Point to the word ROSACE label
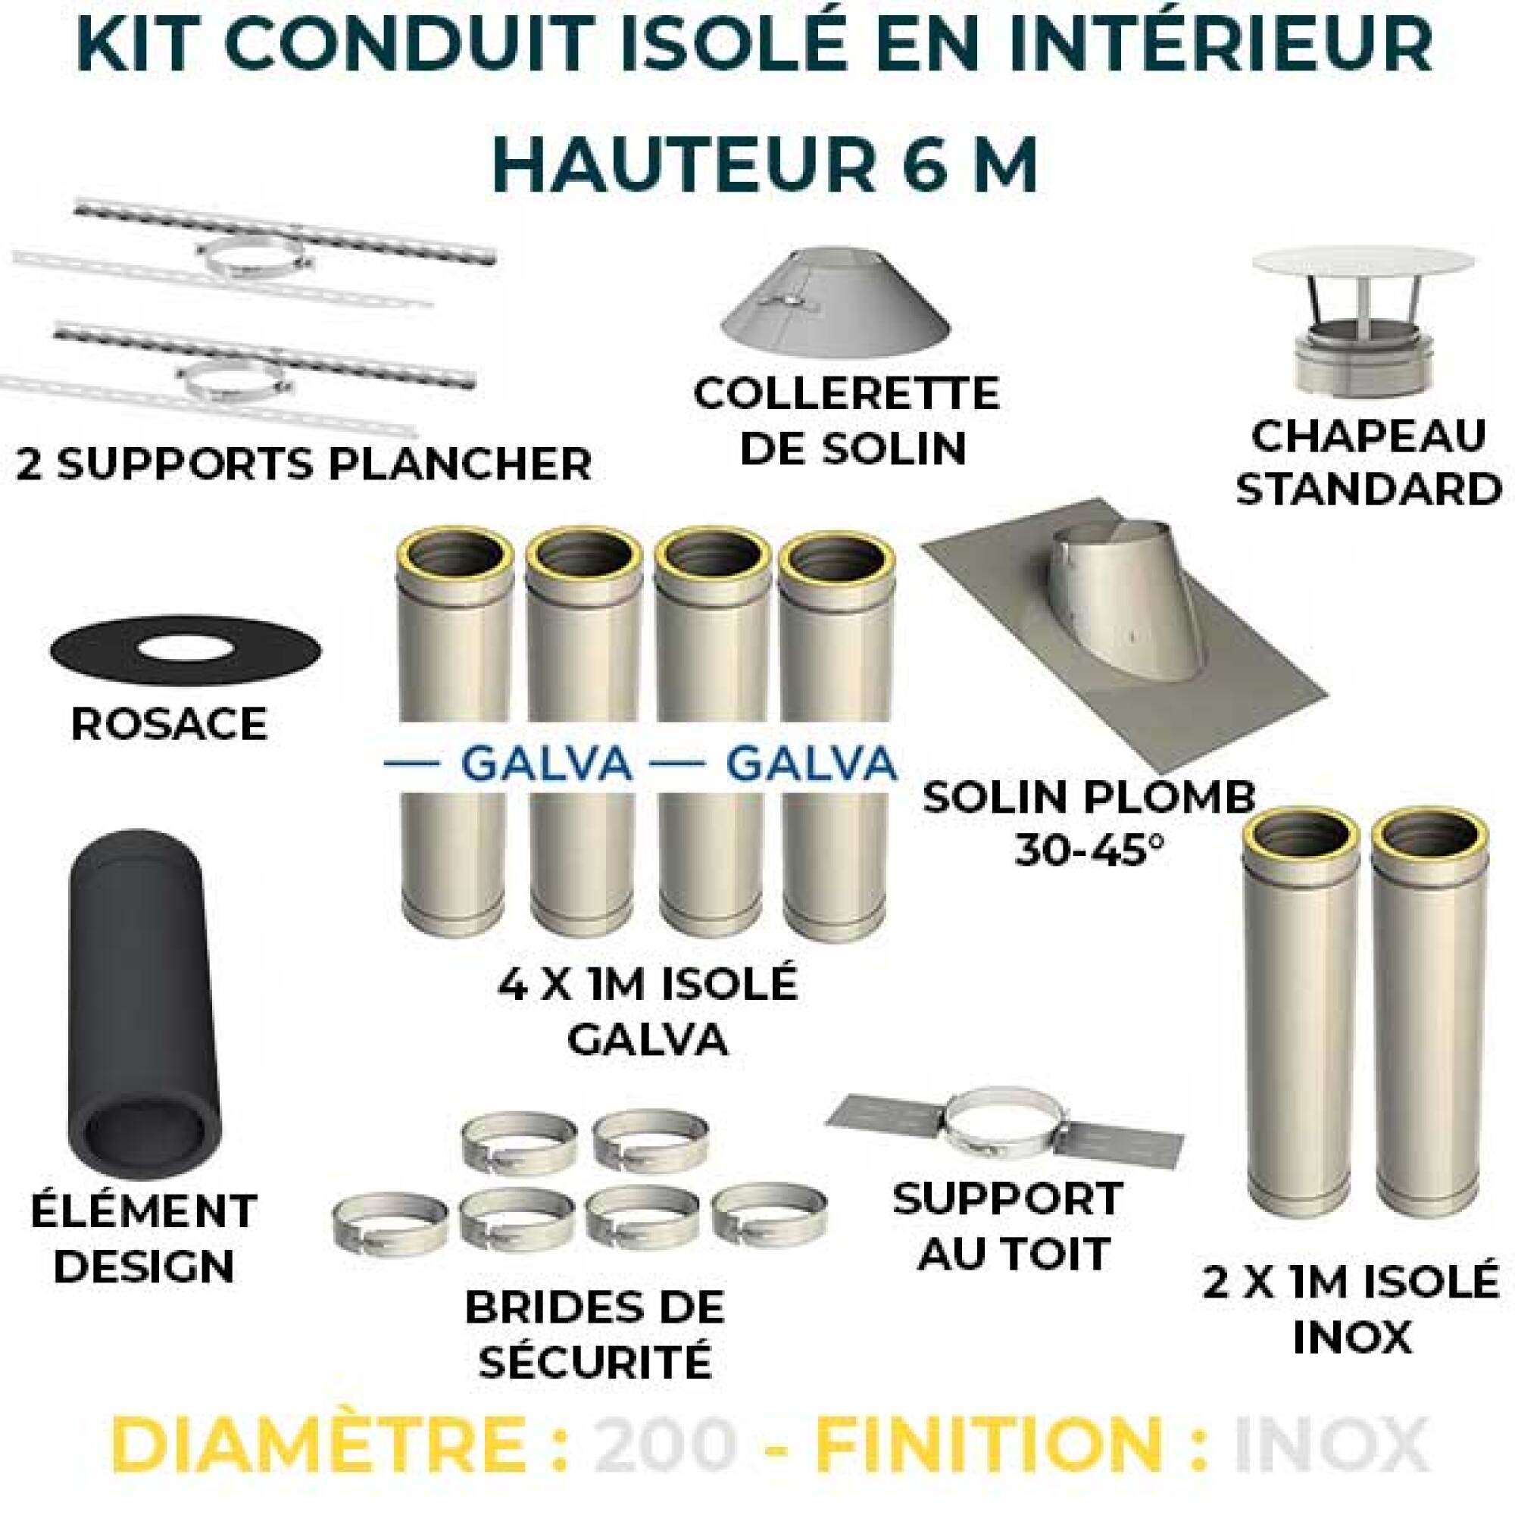tap(169, 723)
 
